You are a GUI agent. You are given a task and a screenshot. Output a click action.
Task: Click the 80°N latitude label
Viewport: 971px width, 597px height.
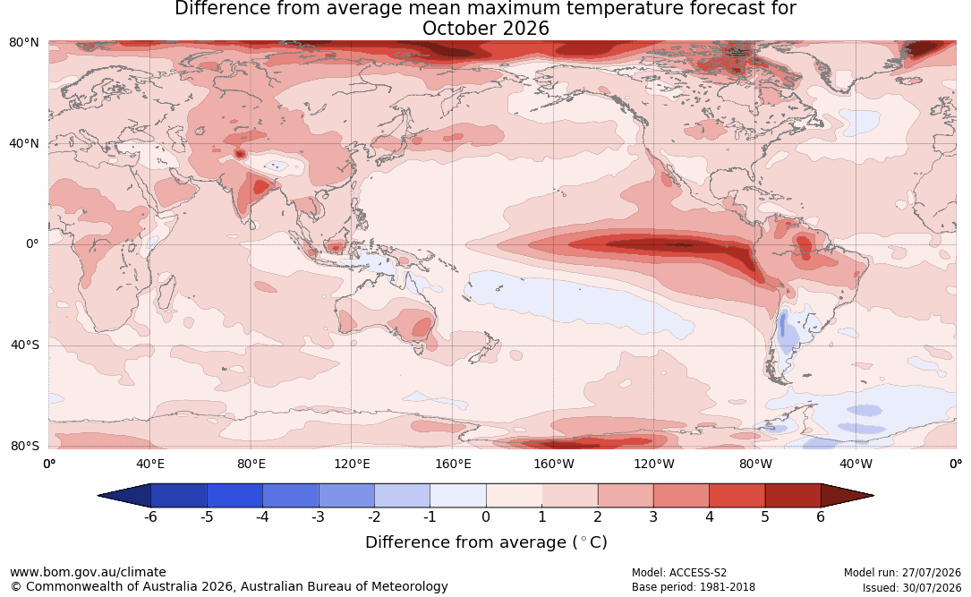23,43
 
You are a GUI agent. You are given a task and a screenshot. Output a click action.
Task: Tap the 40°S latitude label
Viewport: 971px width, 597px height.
24,345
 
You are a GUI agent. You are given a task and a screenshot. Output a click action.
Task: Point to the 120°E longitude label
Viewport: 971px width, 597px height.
352,464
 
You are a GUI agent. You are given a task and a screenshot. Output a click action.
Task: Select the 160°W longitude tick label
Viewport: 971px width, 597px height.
554,464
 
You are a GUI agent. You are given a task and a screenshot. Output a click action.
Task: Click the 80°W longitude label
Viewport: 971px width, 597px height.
755,464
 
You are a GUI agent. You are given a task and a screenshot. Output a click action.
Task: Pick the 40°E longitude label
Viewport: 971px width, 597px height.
149,464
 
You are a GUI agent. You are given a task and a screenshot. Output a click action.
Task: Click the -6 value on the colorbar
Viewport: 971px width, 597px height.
150,516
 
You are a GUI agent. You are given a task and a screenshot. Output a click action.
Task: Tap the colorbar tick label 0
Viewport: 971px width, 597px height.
486,516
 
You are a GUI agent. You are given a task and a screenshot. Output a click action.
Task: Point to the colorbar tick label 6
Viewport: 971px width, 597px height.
821,516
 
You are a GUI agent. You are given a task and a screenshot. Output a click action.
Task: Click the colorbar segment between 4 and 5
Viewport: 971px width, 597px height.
737,496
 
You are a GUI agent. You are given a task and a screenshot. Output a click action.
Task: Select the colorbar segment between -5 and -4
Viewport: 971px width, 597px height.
234,496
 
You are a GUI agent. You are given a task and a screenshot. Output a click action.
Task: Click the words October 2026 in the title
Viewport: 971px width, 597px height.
485,29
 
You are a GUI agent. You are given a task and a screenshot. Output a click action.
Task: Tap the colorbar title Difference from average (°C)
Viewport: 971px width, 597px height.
486,542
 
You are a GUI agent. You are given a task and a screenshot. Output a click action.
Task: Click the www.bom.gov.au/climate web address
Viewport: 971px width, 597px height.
88,572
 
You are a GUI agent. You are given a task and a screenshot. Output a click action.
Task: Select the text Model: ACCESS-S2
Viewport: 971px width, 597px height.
678,573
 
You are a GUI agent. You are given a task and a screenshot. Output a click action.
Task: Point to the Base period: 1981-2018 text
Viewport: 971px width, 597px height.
693,587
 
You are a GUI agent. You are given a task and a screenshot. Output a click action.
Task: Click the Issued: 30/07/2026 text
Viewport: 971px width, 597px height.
912,587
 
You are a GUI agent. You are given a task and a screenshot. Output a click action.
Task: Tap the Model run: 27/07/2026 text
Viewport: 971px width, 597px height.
902,573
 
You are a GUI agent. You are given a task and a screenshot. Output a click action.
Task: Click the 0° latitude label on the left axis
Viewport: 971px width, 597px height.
32,244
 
